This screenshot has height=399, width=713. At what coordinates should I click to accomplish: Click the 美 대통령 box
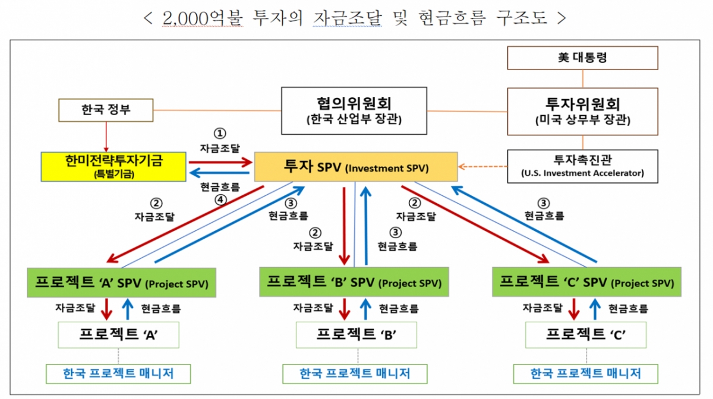pos(582,58)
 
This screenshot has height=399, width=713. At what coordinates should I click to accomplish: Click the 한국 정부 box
pos(106,110)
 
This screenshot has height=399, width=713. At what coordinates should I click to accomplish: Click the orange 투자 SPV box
pos(356,167)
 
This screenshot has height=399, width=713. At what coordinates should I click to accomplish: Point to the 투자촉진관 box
pos(582,166)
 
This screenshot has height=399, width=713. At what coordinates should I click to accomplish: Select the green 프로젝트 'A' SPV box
pos(121,283)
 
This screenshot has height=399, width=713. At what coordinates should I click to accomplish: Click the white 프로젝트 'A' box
pos(118,335)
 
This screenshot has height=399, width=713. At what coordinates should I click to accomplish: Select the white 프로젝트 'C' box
pos(586,335)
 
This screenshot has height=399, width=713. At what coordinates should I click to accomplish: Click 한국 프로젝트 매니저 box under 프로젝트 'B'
pos(355,373)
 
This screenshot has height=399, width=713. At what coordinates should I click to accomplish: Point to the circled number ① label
pos(220,133)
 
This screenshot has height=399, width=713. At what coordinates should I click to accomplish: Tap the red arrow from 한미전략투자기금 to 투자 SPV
pos(220,161)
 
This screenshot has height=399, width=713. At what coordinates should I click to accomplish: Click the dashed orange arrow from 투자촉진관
pos(483,167)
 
